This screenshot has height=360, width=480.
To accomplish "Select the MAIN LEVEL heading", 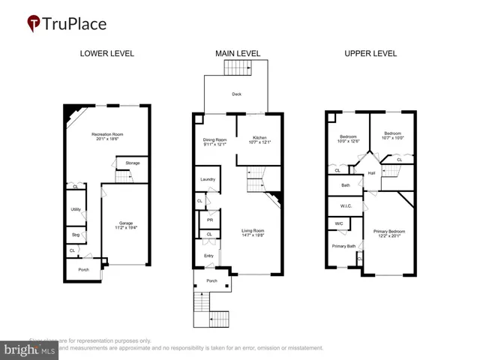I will click(x=238, y=54).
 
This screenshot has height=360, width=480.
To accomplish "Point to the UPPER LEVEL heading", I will click(x=370, y=54).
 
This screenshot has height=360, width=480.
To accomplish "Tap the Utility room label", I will click(x=76, y=209).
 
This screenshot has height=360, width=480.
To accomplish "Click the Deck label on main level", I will click(x=236, y=94).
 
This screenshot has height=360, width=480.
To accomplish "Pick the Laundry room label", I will click(x=208, y=179).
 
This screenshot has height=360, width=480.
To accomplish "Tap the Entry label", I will click(x=208, y=256).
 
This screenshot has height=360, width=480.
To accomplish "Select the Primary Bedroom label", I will click(x=388, y=232).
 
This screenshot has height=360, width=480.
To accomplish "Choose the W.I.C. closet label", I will click(x=346, y=205).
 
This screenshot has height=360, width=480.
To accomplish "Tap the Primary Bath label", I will click(x=343, y=245).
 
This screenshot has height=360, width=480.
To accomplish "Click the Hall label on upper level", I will click(x=371, y=173).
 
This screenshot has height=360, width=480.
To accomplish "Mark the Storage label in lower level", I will click(x=132, y=163).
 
